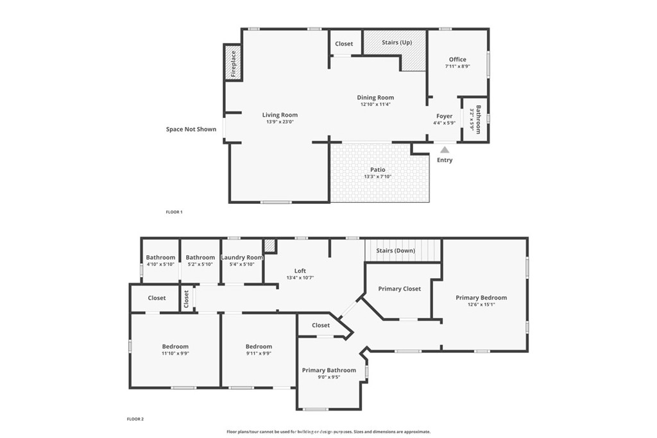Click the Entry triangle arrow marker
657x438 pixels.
(445, 149)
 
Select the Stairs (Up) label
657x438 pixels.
(397, 42)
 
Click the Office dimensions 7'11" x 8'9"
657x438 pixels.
(457, 66)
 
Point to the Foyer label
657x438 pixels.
(444, 116)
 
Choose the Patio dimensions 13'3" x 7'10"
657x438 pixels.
(377, 177)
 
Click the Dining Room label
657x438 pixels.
(375, 97)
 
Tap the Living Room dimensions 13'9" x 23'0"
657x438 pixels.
(280, 122)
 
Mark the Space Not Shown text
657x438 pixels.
(191, 129)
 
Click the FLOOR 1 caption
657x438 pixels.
(175, 212)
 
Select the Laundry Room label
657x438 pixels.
(242, 258)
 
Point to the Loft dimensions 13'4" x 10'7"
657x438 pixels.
(300, 278)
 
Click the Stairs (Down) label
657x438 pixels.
(395, 250)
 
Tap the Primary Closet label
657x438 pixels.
(399, 289)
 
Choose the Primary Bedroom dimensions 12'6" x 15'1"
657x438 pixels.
(481, 305)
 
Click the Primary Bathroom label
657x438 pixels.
(329, 370)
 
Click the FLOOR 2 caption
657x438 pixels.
(135, 419)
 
